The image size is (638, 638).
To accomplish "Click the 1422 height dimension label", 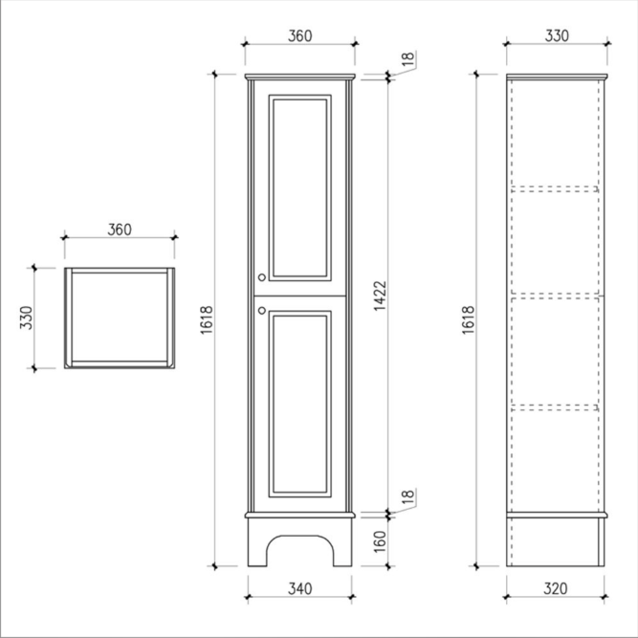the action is pyautogui.click(x=380, y=296).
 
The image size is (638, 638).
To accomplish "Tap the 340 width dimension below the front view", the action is pyautogui.click(x=300, y=588).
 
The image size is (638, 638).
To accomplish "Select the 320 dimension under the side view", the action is pyautogui.click(x=555, y=588).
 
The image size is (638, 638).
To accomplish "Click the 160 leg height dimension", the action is pyautogui.click(x=380, y=541).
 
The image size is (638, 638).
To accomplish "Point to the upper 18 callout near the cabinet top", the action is pyautogui.click(x=408, y=59).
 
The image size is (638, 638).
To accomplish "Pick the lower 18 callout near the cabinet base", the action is pyautogui.click(x=408, y=496).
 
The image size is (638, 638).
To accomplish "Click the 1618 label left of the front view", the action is pyautogui.click(x=207, y=319).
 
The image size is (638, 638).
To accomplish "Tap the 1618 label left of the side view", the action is pyautogui.click(x=469, y=319).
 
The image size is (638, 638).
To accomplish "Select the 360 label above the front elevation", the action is pyautogui.click(x=300, y=35).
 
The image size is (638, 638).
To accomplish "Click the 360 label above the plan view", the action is pyautogui.click(x=120, y=230).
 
